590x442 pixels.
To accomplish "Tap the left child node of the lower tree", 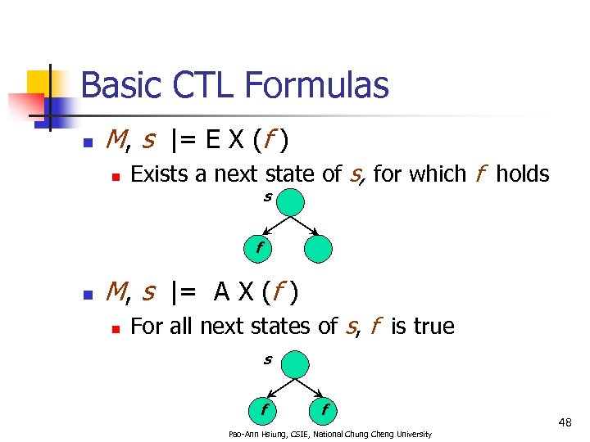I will pyautogui.click(x=264, y=408).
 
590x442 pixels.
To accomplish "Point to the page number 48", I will pyautogui.click(x=565, y=422).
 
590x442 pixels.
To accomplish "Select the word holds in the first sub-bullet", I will pyautogui.click(x=522, y=174).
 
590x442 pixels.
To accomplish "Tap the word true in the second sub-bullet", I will pyautogui.click(x=433, y=327).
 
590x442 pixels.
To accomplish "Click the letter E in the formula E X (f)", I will pyautogui.click(x=212, y=141).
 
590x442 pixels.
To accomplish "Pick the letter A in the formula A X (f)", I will pyautogui.click(x=221, y=291).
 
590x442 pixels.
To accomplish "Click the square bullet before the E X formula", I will pyautogui.click(x=88, y=142).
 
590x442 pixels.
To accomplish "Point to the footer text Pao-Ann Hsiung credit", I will pyautogui.click(x=329, y=434).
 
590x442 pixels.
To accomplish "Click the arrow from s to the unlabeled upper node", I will pyautogui.click(x=305, y=224).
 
